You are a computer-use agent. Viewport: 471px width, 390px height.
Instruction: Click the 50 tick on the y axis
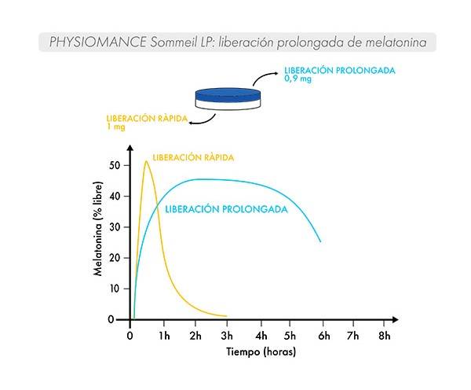click(x=115, y=165)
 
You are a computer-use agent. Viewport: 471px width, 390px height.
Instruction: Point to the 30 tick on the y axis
click(x=115, y=226)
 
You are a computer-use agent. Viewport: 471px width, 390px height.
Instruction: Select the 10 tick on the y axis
click(x=115, y=289)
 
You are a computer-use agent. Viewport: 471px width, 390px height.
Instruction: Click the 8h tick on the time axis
click(x=384, y=334)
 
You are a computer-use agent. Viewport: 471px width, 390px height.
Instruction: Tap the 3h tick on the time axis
click(x=227, y=334)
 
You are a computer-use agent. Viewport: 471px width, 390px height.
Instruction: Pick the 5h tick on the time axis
click(x=290, y=334)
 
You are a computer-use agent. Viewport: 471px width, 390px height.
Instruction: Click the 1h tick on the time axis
click(x=163, y=334)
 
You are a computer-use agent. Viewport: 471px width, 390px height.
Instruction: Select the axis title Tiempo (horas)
click(x=261, y=351)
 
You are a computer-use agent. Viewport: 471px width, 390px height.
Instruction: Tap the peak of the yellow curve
click(x=146, y=162)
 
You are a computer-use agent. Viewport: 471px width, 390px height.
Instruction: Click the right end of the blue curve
click(x=320, y=241)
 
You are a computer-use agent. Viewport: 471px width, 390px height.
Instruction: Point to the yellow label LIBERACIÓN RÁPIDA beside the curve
click(x=193, y=157)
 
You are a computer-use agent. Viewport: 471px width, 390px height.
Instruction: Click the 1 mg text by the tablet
click(x=116, y=126)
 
